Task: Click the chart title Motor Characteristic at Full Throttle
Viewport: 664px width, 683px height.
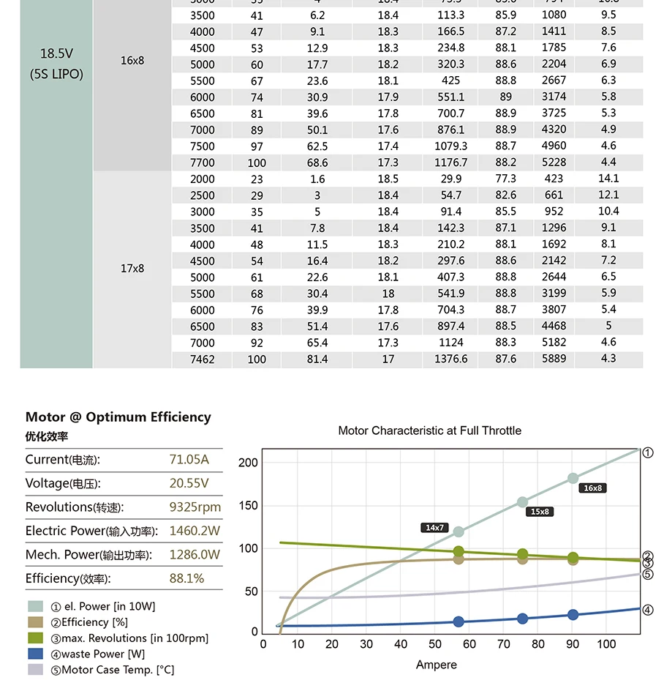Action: click(x=429, y=430)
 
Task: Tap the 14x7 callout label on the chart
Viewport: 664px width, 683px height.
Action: click(x=434, y=527)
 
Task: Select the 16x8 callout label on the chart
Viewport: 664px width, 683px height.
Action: click(x=593, y=488)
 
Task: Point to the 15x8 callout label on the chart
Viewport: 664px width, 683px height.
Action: click(x=540, y=512)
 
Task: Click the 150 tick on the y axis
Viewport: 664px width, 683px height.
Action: click(x=249, y=506)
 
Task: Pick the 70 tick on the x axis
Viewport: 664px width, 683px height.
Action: click(x=504, y=644)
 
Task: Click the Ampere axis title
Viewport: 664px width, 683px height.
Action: click(x=437, y=665)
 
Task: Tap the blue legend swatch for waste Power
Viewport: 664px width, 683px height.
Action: click(x=35, y=654)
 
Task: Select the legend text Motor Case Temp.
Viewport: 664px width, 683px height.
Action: click(x=118, y=670)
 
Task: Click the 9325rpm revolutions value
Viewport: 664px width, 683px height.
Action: click(x=195, y=507)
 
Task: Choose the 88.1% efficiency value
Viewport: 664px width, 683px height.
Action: click(x=186, y=578)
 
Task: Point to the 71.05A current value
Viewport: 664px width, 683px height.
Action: click(x=189, y=460)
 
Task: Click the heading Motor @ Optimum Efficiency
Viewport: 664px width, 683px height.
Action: click(x=118, y=417)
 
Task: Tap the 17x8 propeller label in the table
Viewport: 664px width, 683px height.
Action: click(x=132, y=269)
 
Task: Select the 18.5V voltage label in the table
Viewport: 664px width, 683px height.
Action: click(x=56, y=53)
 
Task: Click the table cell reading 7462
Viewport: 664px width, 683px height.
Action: click(x=203, y=359)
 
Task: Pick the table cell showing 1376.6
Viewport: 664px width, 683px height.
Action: click(x=451, y=359)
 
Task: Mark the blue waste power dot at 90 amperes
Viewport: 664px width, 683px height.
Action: click(x=573, y=615)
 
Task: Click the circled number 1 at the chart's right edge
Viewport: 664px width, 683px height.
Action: click(x=648, y=453)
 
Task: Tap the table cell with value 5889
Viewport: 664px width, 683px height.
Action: click(x=554, y=359)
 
